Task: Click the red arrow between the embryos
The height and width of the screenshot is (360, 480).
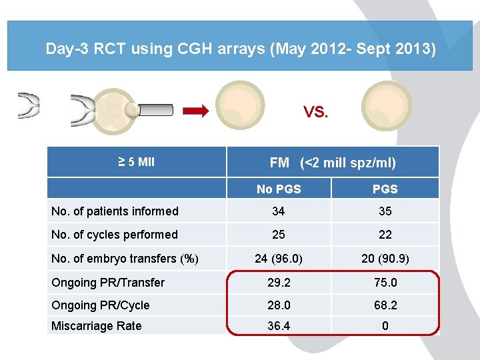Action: point(195,111)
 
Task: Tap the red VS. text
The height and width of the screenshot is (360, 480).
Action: point(316,112)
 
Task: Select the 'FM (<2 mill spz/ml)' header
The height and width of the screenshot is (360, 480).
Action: point(333,162)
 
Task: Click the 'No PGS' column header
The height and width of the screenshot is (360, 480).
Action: point(279,189)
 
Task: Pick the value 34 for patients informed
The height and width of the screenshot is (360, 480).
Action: point(279,211)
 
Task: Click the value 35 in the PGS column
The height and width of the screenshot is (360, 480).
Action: point(385,211)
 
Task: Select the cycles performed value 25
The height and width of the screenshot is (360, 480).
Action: point(279,235)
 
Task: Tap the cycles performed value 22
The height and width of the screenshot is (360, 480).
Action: point(385,235)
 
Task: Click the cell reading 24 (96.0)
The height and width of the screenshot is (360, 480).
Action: point(279,259)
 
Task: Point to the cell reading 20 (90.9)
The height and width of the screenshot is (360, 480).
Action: point(385,259)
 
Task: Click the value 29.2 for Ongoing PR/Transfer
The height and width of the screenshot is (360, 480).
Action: point(279,283)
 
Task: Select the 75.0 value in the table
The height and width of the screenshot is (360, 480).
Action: point(385,283)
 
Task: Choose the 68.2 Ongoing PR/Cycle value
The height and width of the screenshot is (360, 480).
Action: point(385,305)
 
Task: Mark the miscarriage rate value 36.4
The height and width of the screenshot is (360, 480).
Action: point(279,326)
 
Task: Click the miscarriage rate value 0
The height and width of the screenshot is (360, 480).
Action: point(385,326)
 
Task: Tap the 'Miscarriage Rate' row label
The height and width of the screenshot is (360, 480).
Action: point(97,326)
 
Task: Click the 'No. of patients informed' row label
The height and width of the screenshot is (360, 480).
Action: point(115,211)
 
